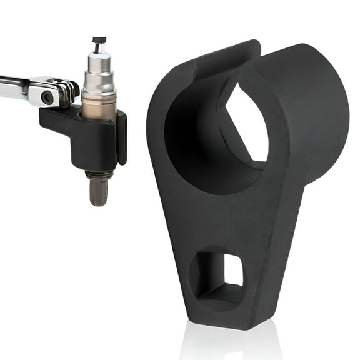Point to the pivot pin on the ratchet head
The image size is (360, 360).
(x=47, y=97)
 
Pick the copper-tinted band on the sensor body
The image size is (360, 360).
(x=99, y=106)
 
